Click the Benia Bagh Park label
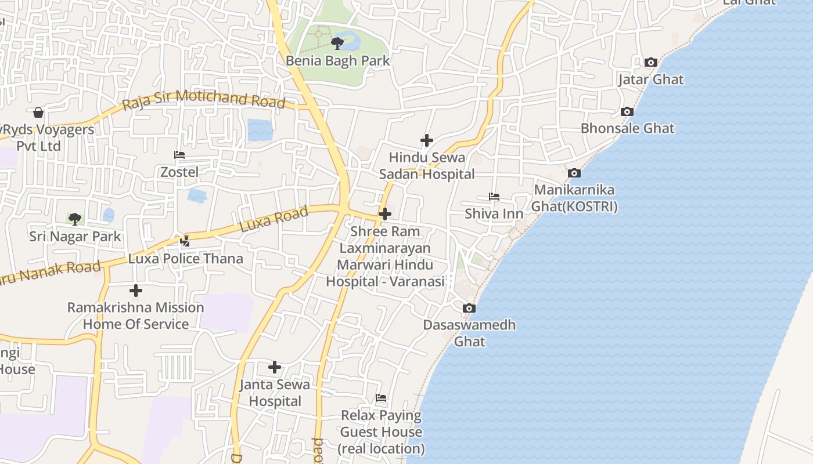337,60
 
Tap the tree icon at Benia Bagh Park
337,43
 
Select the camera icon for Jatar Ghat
651,62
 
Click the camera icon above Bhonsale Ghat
627,111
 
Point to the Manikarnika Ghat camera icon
574,173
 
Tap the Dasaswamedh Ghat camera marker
469,308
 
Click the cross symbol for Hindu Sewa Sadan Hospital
427,140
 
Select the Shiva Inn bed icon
494,197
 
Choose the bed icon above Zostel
179,155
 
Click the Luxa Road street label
274,220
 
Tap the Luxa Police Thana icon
185,241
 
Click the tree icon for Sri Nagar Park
75,219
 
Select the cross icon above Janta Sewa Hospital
275,367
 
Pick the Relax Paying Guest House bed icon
381,398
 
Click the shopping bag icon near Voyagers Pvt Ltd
38,112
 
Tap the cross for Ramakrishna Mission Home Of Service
136,290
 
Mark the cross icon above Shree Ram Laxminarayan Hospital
384,214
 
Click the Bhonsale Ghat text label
628,128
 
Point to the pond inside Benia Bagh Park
351,41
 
